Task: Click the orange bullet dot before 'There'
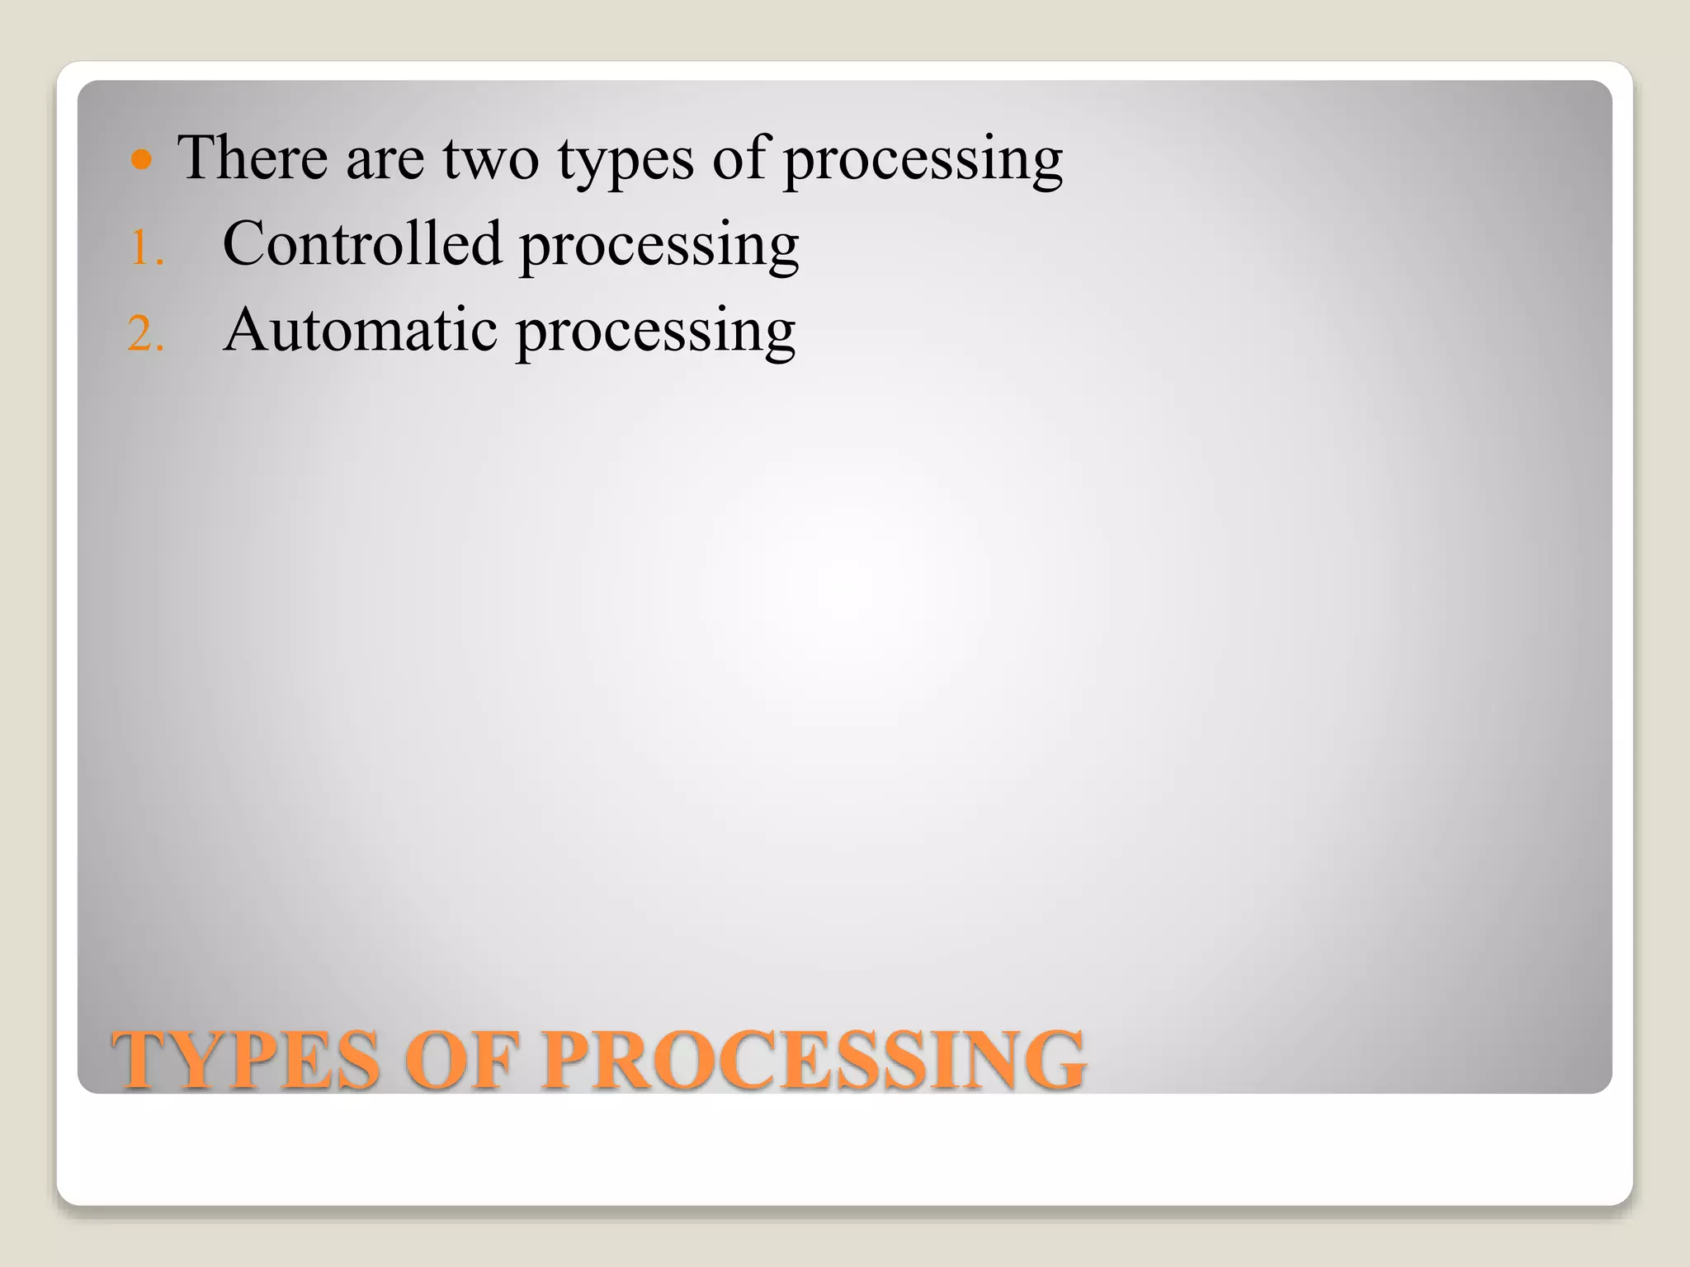tap(142, 159)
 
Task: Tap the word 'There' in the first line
tap(253, 158)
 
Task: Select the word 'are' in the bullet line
tap(385, 161)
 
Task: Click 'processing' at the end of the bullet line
tap(923, 161)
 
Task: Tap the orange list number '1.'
tap(147, 248)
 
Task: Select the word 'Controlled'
tap(361, 244)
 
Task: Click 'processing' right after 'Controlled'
tap(659, 247)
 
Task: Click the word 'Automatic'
tap(360, 330)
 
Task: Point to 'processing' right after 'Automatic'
tap(656, 333)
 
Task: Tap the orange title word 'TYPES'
tap(246, 1060)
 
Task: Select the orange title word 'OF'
tap(462, 1060)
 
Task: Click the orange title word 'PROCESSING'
tap(813, 1060)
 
